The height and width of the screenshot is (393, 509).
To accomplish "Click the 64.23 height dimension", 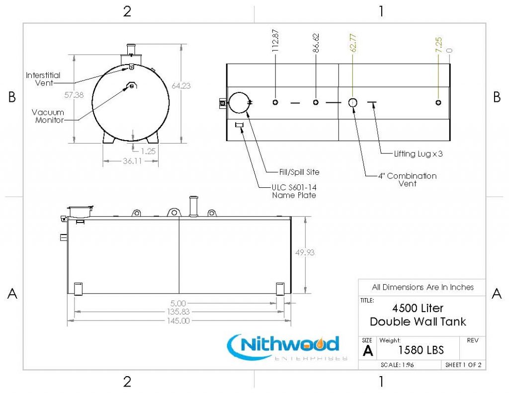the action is [x=181, y=85].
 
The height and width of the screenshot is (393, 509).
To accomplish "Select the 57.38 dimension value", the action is [x=74, y=95].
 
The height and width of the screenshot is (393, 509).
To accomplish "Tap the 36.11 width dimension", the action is [x=132, y=161].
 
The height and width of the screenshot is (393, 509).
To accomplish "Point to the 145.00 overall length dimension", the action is [x=178, y=321].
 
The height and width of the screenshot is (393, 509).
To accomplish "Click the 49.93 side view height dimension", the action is [x=305, y=252].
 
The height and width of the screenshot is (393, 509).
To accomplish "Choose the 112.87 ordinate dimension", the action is [x=275, y=41].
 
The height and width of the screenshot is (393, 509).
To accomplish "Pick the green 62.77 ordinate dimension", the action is [x=353, y=43].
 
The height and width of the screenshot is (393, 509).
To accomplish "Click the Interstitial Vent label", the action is [x=43, y=79].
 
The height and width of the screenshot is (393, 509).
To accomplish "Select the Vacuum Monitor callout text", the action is [x=48, y=116].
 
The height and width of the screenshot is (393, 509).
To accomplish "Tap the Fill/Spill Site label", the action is [x=299, y=172].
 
